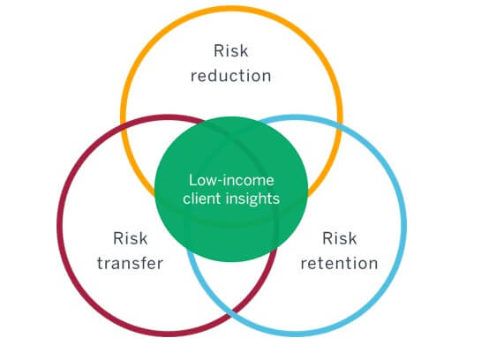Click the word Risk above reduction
tap(230, 51)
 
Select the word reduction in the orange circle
tap(230, 76)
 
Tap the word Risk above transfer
tap(131, 238)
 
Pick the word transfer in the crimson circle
tap(130, 264)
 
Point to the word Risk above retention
tap(340, 238)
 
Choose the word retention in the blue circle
tap(339, 264)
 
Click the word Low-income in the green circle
tap(231, 180)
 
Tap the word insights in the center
tap(253, 199)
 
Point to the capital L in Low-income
tap(192, 180)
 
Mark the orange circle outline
tap(231, 9)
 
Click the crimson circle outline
tap(60, 225)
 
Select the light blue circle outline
tap(403, 225)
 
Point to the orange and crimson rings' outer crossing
tap(124, 124)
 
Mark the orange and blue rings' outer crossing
tap(340, 124)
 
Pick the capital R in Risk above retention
tap(327, 238)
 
